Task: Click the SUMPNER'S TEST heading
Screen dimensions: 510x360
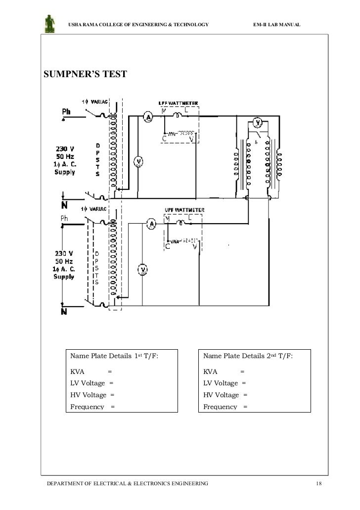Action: pyautogui.click(x=85, y=74)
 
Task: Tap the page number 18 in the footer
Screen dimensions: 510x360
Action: pyautogui.click(x=318, y=482)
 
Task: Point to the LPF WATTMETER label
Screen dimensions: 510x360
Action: pyautogui.click(x=178, y=103)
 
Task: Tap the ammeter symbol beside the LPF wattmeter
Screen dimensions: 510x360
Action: pyautogui.click(x=147, y=116)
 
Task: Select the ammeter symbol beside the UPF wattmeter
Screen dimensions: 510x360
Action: pyautogui.click(x=153, y=224)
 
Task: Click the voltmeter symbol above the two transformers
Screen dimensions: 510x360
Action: pyautogui.click(x=257, y=122)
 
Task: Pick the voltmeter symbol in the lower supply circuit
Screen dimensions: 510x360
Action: pyautogui.click(x=142, y=269)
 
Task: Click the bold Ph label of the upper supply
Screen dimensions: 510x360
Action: pyautogui.click(x=66, y=112)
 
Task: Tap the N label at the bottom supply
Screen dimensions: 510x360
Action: pyautogui.click(x=64, y=312)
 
